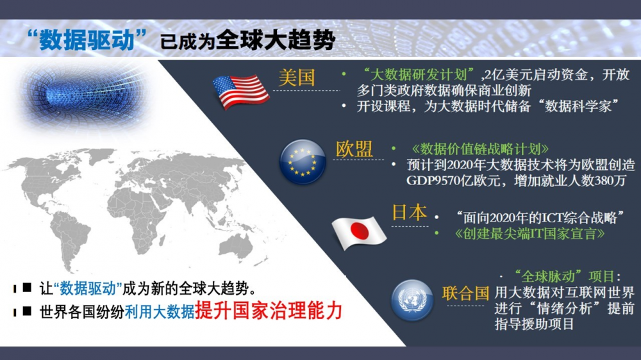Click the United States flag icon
[x=241, y=92]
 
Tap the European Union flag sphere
[x=303, y=161]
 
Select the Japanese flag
[x=358, y=233]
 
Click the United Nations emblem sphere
[x=412, y=300]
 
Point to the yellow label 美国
[x=297, y=78]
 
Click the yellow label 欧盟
[x=354, y=149]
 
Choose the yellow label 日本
[x=409, y=213]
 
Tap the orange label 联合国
[x=465, y=293]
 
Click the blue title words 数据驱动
[x=87, y=40]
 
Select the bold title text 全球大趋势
[x=276, y=40]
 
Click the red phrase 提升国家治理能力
[x=269, y=311]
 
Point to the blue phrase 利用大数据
[x=160, y=312]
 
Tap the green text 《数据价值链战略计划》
[x=480, y=149]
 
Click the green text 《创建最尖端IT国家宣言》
[x=529, y=234]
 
